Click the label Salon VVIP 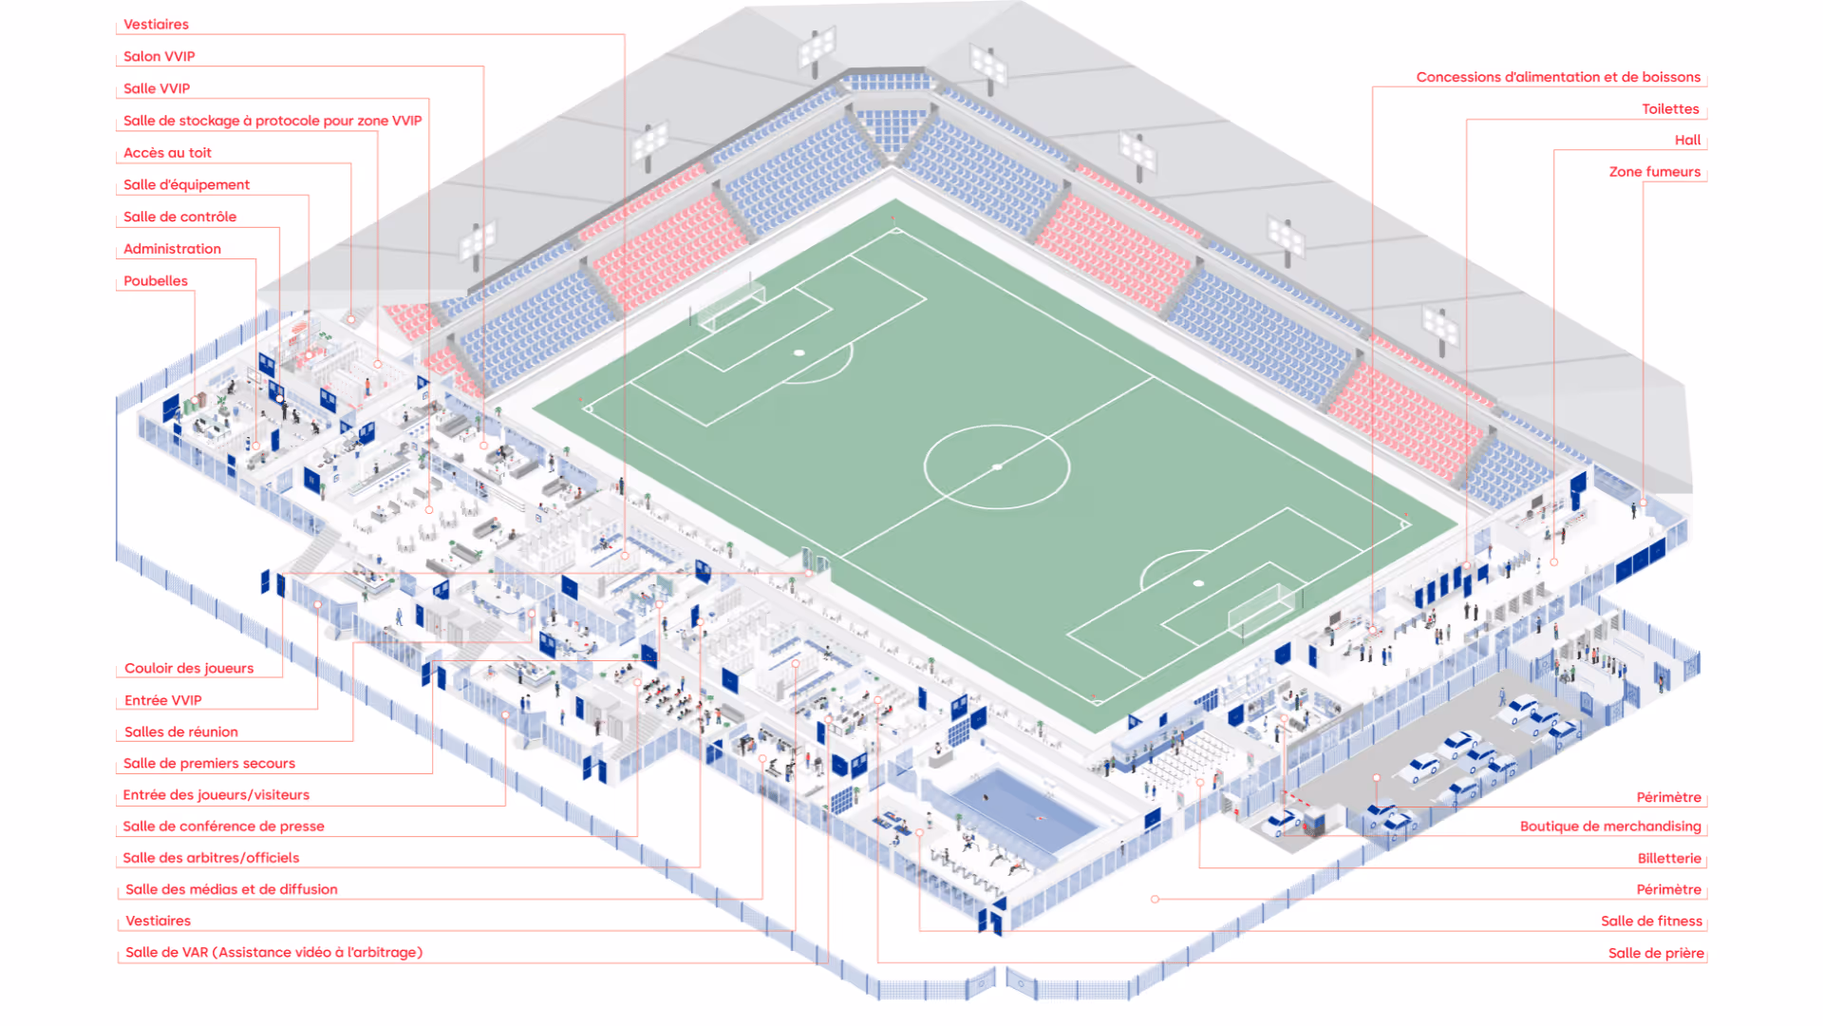pyautogui.click(x=159, y=56)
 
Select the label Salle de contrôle pyautogui.click(x=179, y=217)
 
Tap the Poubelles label pyautogui.click(x=156, y=281)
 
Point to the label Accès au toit pyautogui.click(x=167, y=153)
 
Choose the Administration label pyautogui.click(x=172, y=249)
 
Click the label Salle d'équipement pyautogui.click(x=186, y=185)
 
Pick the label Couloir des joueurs pyautogui.click(x=189, y=669)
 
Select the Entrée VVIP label pyautogui.click(x=162, y=701)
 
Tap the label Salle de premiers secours pyautogui.click(x=209, y=764)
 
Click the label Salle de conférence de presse pyautogui.click(x=223, y=826)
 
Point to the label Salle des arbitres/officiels pyautogui.click(x=211, y=858)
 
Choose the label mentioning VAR pyautogui.click(x=273, y=953)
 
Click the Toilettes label pyautogui.click(x=1670, y=109)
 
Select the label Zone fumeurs pyautogui.click(x=1654, y=172)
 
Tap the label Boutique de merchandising pyautogui.click(x=1610, y=826)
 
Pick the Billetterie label pyautogui.click(x=1669, y=859)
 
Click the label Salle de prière pyautogui.click(x=1656, y=954)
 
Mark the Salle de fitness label pyautogui.click(x=1651, y=921)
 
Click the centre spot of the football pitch pyautogui.click(x=997, y=466)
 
